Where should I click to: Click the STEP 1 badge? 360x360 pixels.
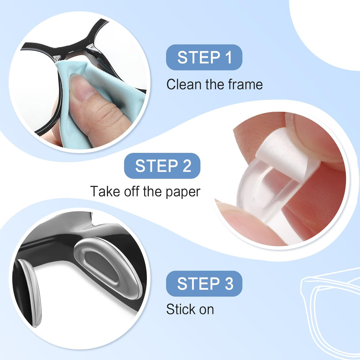tap(204, 57)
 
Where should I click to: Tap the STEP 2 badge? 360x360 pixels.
tap(162, 166)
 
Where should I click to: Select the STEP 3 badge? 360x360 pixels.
tap(204, 284)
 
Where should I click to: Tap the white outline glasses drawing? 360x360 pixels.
tap(330, 312)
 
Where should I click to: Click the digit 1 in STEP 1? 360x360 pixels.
tap(228, 57)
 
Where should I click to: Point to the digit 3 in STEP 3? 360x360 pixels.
tap(229, 284)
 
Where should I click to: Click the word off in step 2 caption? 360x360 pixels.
tap(132, 191)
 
